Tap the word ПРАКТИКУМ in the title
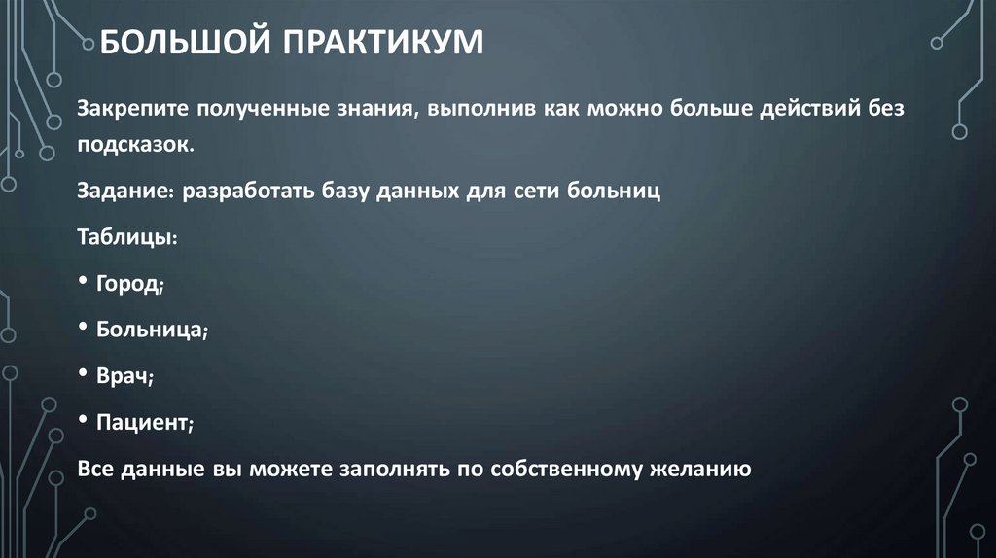(383, 43)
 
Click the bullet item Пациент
(142, 423)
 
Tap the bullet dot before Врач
(83, 374)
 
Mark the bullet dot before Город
(83, 281)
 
